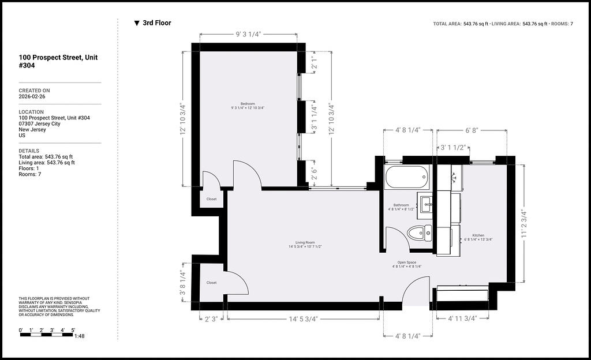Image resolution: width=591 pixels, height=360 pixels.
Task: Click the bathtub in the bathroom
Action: click(407, 177)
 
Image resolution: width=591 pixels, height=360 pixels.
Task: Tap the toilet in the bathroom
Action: click(420, 233)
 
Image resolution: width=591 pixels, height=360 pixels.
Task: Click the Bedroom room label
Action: click(248, 104)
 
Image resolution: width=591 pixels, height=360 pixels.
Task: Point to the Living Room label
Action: click(305, 242)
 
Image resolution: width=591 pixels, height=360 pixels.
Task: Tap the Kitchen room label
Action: click(478, 235)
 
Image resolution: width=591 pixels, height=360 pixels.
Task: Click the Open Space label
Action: click(407, 262)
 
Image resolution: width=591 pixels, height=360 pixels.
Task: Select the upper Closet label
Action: click(211, 199)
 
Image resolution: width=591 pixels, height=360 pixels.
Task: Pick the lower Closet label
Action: click(211, 283)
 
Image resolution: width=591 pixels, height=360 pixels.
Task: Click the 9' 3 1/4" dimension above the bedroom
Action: click(248, 34)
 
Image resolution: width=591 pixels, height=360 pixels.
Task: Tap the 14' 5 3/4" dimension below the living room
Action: click(304, 319)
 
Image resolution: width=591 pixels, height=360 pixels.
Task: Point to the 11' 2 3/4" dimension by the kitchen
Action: click(524, 223)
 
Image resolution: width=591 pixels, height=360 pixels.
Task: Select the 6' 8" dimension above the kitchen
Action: click(472, 130)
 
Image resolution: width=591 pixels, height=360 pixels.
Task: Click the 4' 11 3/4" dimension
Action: click(462, 318)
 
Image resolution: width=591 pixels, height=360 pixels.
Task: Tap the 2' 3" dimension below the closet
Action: click(211, 319)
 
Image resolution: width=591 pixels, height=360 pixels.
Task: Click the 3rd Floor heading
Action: click(157, 23)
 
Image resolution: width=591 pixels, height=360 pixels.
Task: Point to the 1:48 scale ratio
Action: click(80, 336)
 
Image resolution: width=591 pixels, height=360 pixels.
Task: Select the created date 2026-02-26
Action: click(32, 96)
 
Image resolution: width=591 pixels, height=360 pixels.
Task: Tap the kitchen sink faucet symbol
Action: click(454, 176)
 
